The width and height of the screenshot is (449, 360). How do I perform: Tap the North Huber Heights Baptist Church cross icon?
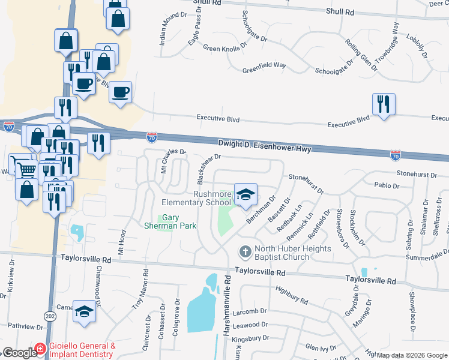245,250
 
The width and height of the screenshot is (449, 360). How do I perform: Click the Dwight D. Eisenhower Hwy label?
264,145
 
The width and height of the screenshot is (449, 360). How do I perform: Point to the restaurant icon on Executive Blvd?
383,105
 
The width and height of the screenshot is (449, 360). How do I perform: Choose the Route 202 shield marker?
50,314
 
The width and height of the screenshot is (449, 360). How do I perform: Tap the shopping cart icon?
26,169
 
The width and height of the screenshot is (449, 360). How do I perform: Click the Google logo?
19,352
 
